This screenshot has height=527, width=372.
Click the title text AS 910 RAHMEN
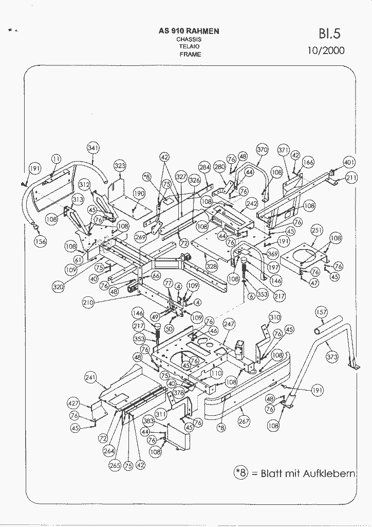189,31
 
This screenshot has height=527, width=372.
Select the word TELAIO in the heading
189,46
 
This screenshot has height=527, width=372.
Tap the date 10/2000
326,50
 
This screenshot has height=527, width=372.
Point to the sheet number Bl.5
329,34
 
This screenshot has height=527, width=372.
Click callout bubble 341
93,148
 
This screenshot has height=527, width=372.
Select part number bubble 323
119,166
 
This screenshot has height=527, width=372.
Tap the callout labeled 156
40,241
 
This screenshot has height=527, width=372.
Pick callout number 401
349,163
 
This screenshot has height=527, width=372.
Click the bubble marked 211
351,178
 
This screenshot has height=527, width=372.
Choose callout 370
262,150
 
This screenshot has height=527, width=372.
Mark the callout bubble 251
317,230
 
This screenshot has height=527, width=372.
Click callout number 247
229,324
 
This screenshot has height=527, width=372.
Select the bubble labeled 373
332,356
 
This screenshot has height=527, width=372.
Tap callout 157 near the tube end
321,312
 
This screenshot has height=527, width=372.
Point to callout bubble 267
244,421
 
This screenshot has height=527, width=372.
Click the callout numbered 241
90,377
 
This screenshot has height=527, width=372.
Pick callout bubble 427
74,402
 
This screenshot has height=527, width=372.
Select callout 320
58,287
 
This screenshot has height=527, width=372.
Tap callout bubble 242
251,203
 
